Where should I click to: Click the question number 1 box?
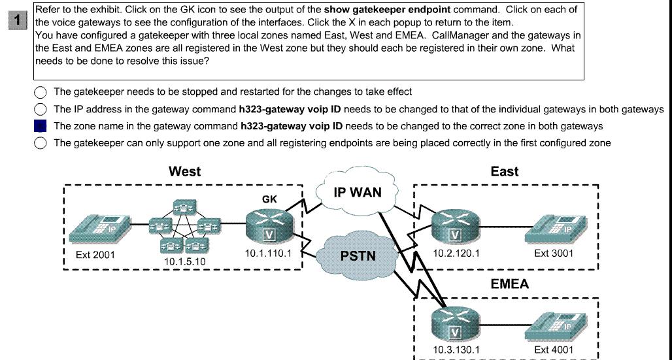18,20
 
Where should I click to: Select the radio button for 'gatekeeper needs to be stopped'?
41,92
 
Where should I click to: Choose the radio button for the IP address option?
41,109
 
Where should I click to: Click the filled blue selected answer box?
41,126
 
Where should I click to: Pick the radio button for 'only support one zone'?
41,142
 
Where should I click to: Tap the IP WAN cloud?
358,193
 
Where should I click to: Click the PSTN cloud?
358,256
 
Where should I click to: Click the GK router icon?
270,225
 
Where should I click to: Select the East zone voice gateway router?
456,225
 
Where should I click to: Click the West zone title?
185,171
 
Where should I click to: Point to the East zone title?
505,171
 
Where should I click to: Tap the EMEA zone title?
510,284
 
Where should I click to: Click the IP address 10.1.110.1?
268,254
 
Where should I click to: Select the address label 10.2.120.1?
456,254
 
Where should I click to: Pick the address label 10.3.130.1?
456,350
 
